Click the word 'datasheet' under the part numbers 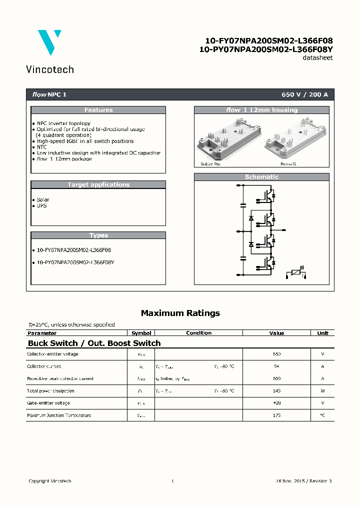pos(317,58)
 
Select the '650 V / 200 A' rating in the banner pos(304,94)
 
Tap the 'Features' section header pos(98,110)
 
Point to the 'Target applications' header pos(98,184)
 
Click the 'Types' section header pos(98,235)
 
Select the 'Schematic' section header pos(261,177)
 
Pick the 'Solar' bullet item pos(42,199)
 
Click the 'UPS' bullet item pos(41,205)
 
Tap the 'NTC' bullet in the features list pos(41,147)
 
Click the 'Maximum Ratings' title pos(180,313)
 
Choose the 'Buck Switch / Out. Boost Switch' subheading pos(94,343)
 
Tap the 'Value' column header pos(276,333)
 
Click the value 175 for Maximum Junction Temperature pos(276,415)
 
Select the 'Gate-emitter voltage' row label pos(48,403)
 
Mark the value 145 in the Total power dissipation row pos(276,391)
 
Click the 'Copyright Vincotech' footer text pos(50,481)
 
